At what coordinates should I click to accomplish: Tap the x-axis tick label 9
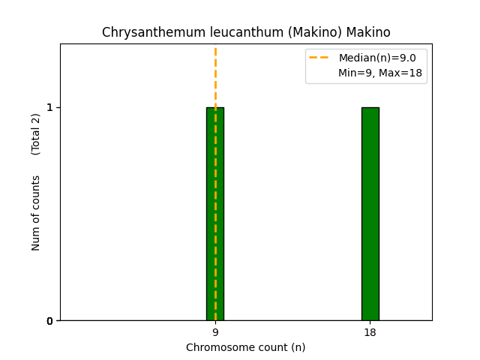(215, 332)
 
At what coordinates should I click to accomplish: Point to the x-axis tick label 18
(370, 332)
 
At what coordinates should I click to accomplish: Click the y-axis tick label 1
(49, 107)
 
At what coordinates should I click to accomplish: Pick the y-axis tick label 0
(49, 321)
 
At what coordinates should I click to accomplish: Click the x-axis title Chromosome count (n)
(245, 347)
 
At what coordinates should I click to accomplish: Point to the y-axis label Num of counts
(36, 213)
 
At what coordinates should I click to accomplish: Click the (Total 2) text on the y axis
(36, 133)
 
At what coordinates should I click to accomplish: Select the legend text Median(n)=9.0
(377, 58)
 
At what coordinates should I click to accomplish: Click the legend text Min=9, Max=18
(379, 73)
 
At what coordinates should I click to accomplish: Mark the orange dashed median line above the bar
(215, 75)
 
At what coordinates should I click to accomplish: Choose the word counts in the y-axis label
(36, 191)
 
